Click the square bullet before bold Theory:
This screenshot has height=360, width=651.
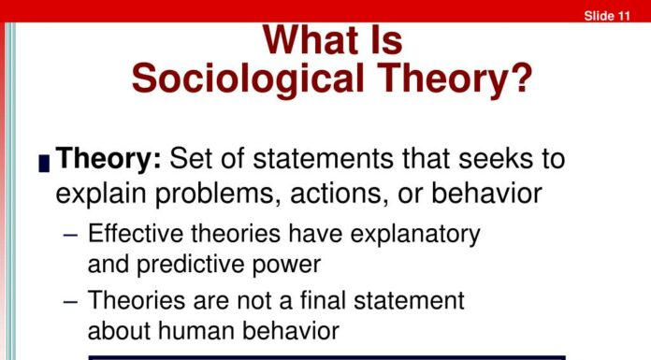click(44, 164)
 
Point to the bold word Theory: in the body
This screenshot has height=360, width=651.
click(109, 158)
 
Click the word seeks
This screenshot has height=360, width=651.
click(481, 158)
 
